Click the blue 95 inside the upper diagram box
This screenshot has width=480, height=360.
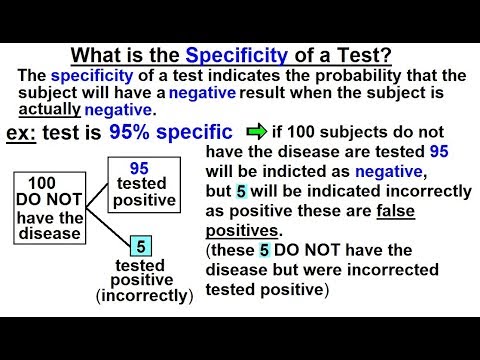[141, 168]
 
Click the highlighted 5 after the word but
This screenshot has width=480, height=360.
[240, 190]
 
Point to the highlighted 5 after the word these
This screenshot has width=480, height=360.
[264, 252]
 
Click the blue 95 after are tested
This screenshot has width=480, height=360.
[438, 151]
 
